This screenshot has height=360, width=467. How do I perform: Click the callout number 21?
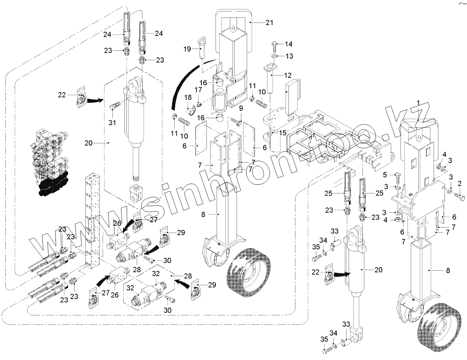pos(269,22)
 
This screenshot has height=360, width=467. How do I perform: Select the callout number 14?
pos(288,44)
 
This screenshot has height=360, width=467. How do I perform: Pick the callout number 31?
pos(112,123)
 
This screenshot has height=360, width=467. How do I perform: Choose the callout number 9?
pos(241,108)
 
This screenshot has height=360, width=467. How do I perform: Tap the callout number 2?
pos(459,183)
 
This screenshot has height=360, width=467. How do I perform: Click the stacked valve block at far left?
pos(51,163)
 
